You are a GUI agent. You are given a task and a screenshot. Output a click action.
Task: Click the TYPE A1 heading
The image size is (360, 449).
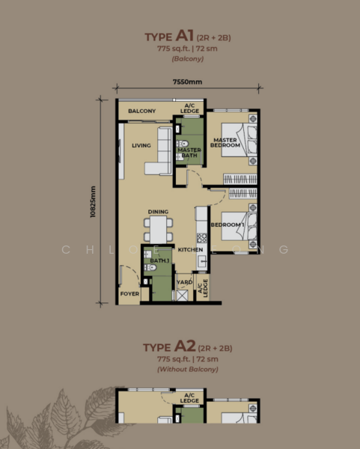[x=179, y=34]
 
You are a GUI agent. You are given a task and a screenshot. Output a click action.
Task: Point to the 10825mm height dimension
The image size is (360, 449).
[x=92, y=201]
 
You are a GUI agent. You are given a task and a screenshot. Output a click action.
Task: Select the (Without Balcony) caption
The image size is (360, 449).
[x=180, y=370]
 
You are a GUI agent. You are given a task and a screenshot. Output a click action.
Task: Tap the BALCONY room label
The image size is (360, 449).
[x=141, y=112]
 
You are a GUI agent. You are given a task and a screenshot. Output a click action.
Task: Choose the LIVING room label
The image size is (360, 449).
[x=142, y=146]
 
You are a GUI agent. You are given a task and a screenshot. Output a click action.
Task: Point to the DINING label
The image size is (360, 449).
[x=157, y=212]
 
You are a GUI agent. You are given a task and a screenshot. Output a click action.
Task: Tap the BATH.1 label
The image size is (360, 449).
[x=159, y=260]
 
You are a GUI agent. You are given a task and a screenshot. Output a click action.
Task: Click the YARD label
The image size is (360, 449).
[x=183, y=283]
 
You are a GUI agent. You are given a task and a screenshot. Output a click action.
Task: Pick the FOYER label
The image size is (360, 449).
[x=129, y=294]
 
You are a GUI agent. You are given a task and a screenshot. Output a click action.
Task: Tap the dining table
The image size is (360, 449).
[x=159, y=229]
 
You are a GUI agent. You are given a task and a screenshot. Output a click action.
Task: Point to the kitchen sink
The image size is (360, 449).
[x=201, y=260]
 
